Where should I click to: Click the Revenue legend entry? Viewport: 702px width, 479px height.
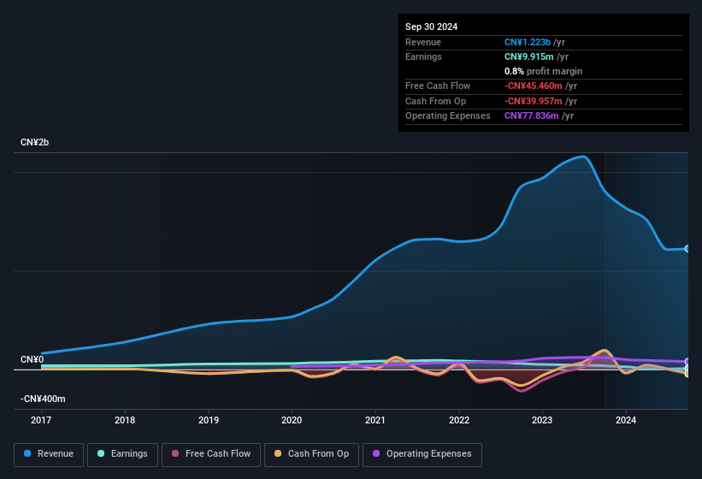pos(49,454)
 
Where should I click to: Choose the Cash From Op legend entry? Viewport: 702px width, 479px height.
pos(310,454)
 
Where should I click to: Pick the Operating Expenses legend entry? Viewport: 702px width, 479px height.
pos(422,454)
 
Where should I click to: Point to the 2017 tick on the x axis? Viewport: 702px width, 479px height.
pos(42,420)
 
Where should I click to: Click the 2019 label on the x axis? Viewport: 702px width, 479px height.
pos(209,420)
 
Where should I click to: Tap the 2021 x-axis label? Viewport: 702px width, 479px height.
pos(375,420)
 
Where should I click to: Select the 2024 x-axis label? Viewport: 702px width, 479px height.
pos(626,420)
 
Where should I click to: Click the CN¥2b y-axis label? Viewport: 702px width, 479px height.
pos(35,142)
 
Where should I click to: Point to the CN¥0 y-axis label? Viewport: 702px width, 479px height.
pos(32,359)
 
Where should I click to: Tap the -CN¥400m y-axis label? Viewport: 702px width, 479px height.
pos(43,399)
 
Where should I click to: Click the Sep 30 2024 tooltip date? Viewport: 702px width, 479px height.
pos(431,27)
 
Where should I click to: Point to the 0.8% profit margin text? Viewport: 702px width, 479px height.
pos(543,71)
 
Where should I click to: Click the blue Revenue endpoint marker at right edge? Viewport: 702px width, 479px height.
pos(687,249)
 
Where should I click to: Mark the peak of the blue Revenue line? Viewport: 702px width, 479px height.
pos(582,157)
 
